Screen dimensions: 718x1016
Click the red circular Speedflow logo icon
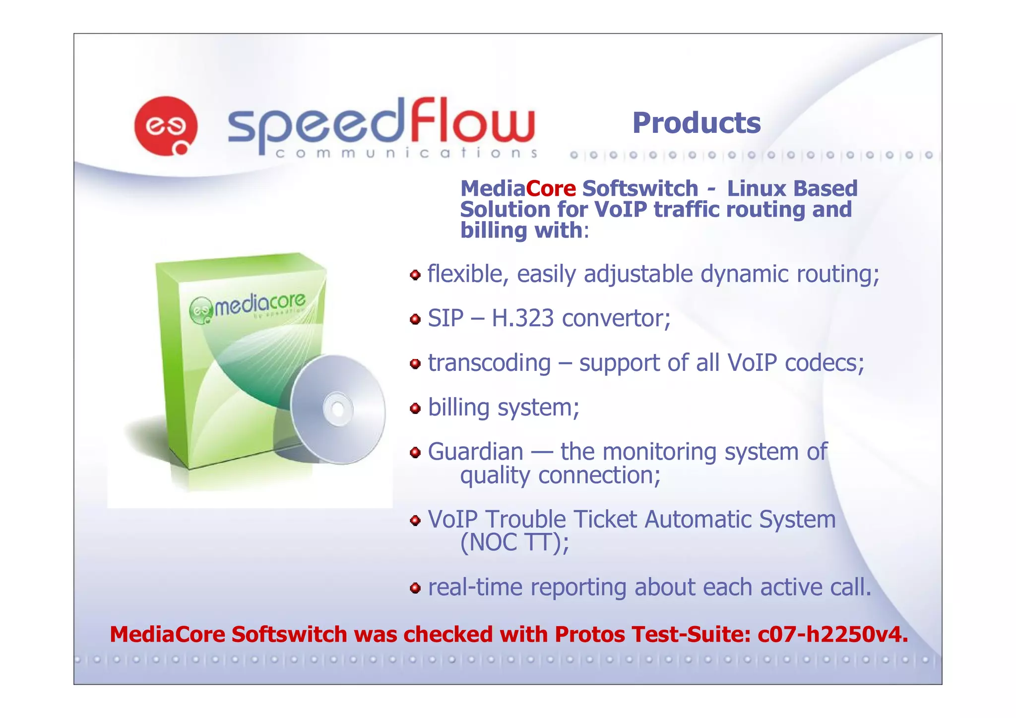tap(166, 126)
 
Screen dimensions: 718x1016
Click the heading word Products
tap(696, 123)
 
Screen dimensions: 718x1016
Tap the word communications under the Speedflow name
tap(406, 153)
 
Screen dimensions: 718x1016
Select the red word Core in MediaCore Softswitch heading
tap(551, 189)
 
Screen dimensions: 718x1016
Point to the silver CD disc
tap(338, 409)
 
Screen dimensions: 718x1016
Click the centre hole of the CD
tap(338, 410)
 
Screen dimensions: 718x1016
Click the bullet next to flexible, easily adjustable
tap(415, 275)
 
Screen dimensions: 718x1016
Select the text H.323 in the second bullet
tap(522, 318)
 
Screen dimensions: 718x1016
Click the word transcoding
tap(489, 363)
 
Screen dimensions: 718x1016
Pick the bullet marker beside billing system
tap(415, 409)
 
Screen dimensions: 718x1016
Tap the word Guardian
tap(475, 452)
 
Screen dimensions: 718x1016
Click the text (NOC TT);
tap(514, 542)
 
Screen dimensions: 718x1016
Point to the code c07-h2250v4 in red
tap(832, 635)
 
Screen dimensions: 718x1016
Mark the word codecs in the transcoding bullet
tap(824, 363)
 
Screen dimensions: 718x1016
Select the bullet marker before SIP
tap(415, 319)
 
